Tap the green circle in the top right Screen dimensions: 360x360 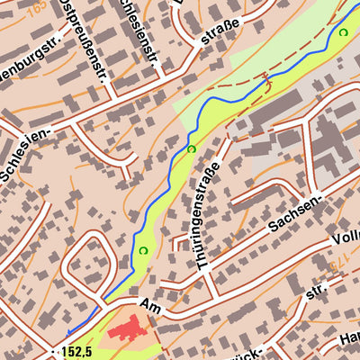[x=343, y=32]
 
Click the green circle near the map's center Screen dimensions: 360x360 [x=191, y=148]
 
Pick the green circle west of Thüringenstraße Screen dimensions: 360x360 [x=142, y=250]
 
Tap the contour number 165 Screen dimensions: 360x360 [x=36, y=7]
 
